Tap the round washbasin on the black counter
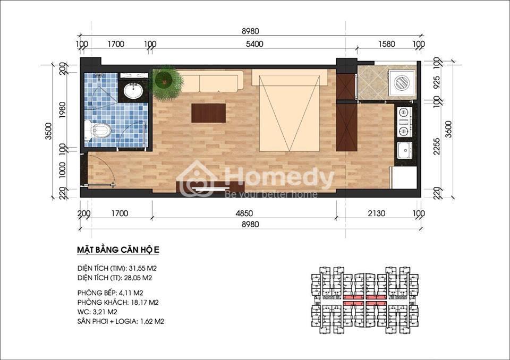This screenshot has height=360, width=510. pyautogui.click(x=133, y=90)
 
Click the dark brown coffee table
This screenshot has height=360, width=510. pyautogui.click(x=208, y=113)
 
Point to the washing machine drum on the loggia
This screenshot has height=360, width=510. pyautogui.click(x=403, y=83)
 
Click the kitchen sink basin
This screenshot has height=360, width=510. pyautogui.click(x=405, y=150)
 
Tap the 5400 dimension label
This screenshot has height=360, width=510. pyautogui.click(x=254, y=44)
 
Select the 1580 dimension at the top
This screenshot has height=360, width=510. pyautogui.click(x=386, y=44)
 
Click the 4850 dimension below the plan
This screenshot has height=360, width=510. pyautogui.click(x=244, y=213)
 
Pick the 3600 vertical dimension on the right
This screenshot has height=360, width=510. pyautogui.click(x=448, y=129)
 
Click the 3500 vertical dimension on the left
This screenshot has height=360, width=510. pyautogui.click(x=48, y=131)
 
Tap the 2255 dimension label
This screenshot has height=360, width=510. pyautogui.click(x=437, y=147)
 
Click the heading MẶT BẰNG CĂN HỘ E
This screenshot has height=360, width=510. pyautogui.click(x=118, y=250)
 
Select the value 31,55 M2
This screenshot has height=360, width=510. pyautogui.click(x=143, y=269)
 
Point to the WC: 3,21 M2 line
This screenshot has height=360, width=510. pyautogui.click(x=97, y=312)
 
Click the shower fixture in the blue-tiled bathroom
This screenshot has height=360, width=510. pyautogui.click(x=99, y=76)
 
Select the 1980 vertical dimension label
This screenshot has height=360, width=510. pyautogui.click(x=63, y=110)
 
